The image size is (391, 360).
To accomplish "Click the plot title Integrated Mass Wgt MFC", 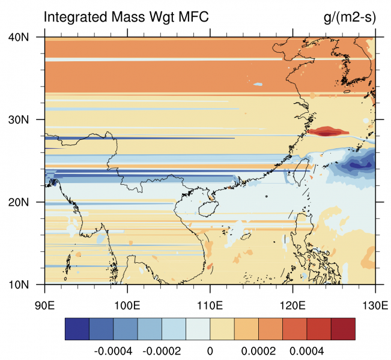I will coord(126,17).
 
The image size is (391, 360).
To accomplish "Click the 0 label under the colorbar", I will coord(210,350).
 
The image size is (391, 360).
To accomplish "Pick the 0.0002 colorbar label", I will coord(259,350).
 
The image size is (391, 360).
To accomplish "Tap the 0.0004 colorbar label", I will coord(308,350).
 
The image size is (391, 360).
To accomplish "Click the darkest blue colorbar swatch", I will coord(77,329).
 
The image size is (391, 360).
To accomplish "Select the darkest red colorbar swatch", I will coord(344,329).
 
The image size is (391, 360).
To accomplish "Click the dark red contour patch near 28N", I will coord(326,131).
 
